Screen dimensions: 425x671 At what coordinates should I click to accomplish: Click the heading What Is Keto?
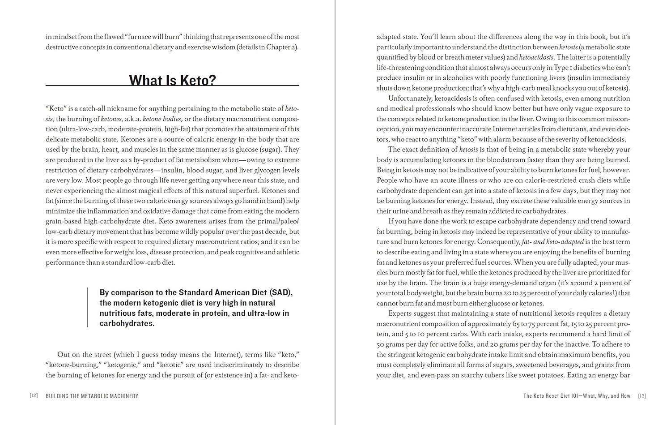(172, 80)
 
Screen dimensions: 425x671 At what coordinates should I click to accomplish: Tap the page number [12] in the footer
(34, 395)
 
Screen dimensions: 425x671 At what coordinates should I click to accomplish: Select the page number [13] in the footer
(642, 395)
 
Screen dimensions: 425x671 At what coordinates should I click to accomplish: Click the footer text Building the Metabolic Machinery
(92, 396)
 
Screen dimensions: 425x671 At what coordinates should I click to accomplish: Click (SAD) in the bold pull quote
(281, 292)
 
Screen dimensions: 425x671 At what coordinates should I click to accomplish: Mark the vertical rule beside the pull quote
(88, 307)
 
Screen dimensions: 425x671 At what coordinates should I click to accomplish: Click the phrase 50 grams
(393, 344)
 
